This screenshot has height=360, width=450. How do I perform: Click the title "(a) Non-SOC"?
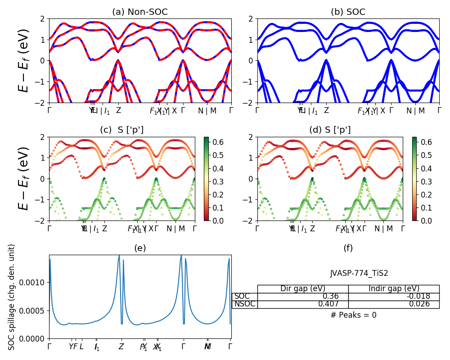pos(140,12)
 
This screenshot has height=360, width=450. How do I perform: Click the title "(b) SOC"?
pos(348,12)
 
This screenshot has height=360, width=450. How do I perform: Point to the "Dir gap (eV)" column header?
pos(303,289)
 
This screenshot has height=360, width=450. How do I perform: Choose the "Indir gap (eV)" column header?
pos(394,289)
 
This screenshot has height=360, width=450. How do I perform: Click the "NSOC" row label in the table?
pos(245,304)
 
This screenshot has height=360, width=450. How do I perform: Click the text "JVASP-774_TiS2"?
pos(359,273)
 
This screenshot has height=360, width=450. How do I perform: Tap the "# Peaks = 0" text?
pos(353,315)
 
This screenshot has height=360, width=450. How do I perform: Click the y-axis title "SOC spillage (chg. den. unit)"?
pos(12,297)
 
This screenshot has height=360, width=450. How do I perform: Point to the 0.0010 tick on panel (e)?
pos(34,283)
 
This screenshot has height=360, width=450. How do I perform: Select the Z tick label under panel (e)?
pos(121,347)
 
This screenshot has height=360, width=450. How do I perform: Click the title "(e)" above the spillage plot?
pos(140,248)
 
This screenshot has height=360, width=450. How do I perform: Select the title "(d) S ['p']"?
pos(330,130)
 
